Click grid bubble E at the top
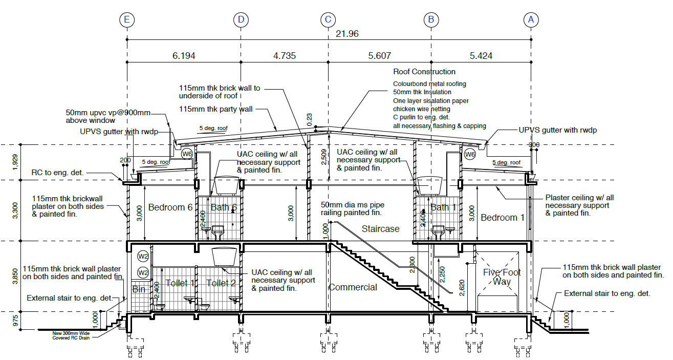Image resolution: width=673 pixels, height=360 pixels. pos(126,20)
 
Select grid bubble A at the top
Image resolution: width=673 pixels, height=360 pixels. pos(531,20)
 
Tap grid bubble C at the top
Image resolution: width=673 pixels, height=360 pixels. pos(328,20)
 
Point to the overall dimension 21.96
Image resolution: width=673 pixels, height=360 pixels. pos(347,34)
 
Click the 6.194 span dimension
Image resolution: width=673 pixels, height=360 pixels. pos(184,56)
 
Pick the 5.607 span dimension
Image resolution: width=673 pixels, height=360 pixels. pos(379,56)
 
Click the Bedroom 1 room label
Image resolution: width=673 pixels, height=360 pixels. pos(503,217)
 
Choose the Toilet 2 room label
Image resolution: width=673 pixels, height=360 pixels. pos(221,283)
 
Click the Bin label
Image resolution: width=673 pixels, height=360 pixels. pos(139,289)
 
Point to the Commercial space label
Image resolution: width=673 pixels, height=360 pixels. pos(353,287)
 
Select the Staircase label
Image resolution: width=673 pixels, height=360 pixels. pos(380,229)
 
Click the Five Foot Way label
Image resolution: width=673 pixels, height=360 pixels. pos(502,277)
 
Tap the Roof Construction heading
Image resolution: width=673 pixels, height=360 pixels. pos(424,72)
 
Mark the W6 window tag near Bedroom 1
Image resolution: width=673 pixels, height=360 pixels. pos(470,154)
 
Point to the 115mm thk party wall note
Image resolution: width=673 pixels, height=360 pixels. pos(216,109)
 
